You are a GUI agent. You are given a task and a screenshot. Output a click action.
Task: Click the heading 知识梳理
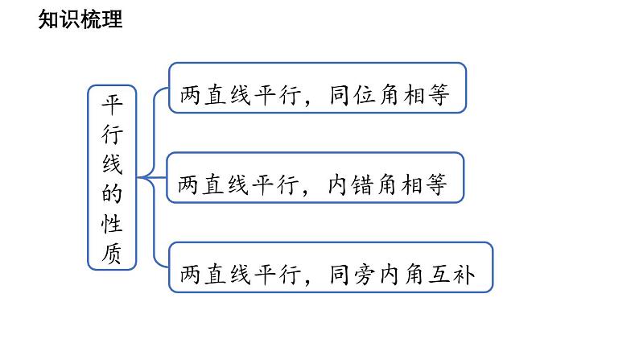[80, 19]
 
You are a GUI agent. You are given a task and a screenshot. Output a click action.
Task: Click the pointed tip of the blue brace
[139, 176]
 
